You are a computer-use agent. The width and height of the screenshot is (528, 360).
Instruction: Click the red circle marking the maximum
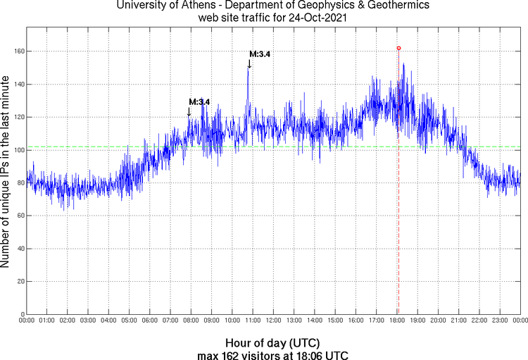click(398, 48)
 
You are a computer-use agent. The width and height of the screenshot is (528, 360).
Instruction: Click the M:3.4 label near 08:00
click(199, 102)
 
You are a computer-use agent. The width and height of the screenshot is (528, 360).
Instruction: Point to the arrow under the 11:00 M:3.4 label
click(249, 63)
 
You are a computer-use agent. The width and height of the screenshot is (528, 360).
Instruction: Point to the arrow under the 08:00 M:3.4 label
click(189, 111)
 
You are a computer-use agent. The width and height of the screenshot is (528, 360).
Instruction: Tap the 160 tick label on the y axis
click(16, 51)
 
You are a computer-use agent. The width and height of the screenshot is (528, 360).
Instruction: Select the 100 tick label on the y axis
click(16, 150)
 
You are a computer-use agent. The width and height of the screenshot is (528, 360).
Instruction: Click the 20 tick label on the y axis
click(18, 281)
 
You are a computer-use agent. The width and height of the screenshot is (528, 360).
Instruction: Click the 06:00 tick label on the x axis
click(150, 321)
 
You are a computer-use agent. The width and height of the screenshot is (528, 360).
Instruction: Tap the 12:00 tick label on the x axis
click(273, 321)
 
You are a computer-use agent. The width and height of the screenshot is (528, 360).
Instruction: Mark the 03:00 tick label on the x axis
click(88, 321)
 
